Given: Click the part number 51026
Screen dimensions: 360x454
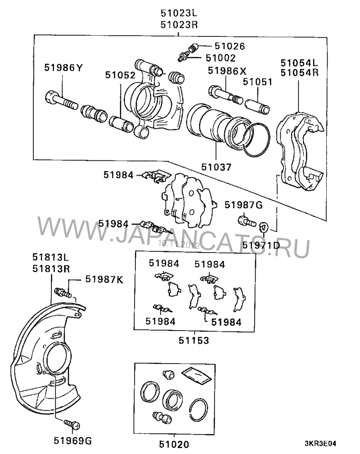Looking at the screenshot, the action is [229, 46].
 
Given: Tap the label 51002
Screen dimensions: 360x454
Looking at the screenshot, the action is [220, 58].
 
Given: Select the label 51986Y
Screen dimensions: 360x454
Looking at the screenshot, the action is [63, 68].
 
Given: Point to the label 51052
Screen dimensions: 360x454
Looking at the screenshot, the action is [120, 75].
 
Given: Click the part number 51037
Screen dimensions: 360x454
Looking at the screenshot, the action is [216, 167].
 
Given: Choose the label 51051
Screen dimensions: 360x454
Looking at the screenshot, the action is [257, 82].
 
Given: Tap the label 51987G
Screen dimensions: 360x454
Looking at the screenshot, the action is [243, 205].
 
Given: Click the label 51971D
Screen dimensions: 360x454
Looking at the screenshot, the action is [261, 245].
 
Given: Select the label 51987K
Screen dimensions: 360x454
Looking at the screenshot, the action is [104, 279].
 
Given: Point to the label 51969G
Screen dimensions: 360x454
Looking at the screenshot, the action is [72, 440].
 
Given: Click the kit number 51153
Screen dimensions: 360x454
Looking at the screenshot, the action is [193, 340].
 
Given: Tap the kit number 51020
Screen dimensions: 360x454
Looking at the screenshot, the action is [174, 444].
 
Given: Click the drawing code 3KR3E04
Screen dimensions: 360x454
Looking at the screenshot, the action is [320, 444].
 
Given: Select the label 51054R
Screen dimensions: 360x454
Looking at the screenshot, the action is [299, 73].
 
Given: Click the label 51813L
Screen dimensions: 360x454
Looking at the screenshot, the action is [51, 257].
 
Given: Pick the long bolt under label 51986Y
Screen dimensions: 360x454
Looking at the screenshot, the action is [61, 100].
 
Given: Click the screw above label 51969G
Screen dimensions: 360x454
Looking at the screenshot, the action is [72, 424].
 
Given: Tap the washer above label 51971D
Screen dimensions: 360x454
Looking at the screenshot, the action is [264, 227].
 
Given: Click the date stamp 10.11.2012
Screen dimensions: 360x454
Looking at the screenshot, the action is [179, 245].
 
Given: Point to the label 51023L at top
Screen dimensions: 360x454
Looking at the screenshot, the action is [179, 14].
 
